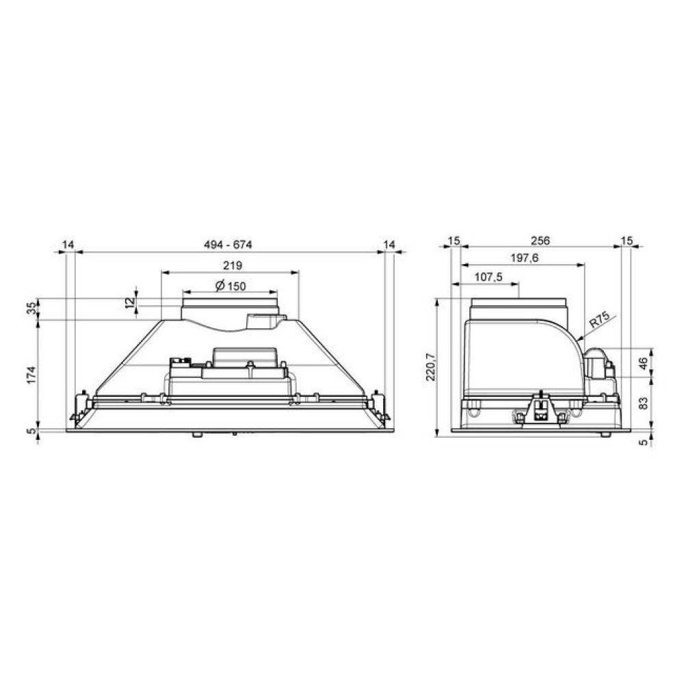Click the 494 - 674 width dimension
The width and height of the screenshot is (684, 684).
click(228, 245)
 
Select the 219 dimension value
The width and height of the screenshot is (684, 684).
click(233, 265)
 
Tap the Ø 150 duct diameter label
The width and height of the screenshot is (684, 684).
click(231, 286)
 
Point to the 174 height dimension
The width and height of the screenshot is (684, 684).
click(31, 375)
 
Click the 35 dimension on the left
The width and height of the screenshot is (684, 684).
click(31, 309)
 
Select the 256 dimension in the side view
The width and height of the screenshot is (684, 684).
click(540, 240)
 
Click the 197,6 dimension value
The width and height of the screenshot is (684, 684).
click(525, 259)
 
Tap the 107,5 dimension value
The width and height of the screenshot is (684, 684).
click(488, 277)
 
